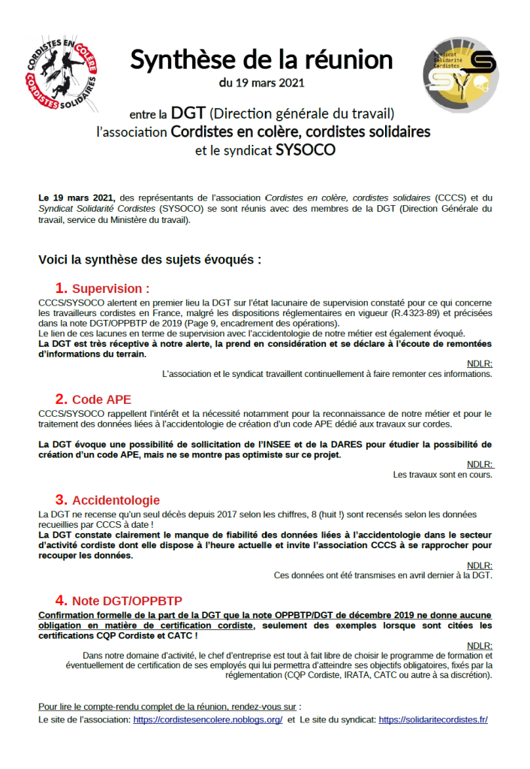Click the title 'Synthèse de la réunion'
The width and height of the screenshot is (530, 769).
pos(261,60)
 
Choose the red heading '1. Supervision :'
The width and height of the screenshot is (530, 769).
pos(102,288)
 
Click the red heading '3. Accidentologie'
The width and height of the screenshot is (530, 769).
pos(107,499)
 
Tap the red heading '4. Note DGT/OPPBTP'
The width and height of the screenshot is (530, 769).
pos(119,600)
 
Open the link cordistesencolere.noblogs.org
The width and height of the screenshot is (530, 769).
pos(208,719)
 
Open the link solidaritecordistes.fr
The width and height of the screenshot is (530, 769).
pos(433,719)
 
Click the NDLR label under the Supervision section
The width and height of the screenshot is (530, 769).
pos(479,363)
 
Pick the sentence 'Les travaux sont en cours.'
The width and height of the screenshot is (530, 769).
pos(442,474)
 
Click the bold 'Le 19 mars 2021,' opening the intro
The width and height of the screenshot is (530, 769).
pos(77,198)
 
